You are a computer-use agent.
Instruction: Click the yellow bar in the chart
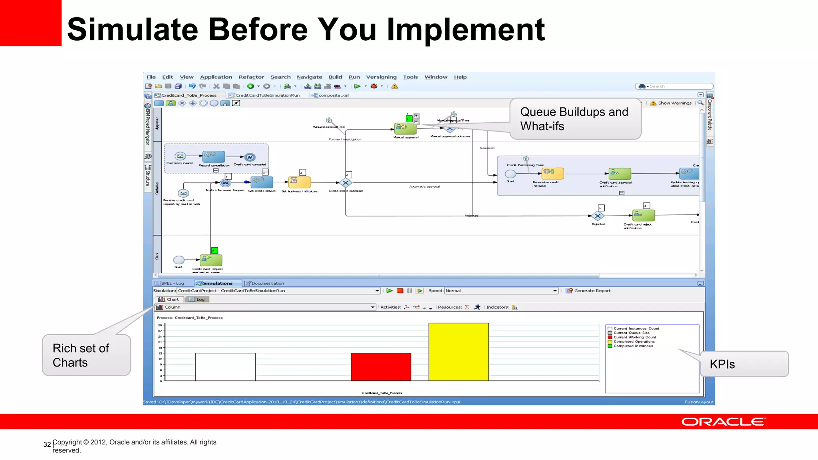coord(459,352)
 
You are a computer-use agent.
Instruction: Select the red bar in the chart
coord(381,367)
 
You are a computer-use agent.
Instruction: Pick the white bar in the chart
coord(225,367)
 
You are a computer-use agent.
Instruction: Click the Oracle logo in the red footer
coord(723,422)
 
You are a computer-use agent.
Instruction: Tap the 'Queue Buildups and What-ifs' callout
coord(575,119)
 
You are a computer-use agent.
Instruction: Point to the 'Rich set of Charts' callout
coord(86,355)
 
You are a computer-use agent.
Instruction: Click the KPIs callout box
coord(744,364)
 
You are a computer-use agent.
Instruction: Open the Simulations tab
coord(217,283)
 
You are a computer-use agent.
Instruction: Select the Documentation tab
coord(267,283)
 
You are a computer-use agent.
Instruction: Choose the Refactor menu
coord(251,77)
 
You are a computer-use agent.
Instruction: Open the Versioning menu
coord(381,77)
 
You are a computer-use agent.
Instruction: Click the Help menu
coord(460,77)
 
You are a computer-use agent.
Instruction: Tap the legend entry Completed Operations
coord(634,341)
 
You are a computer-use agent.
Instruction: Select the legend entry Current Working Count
coord(635,337)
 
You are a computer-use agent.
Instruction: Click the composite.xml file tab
coord(334,95)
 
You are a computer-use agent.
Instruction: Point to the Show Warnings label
coord(675,103)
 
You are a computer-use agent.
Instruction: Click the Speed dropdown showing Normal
coord(501,291)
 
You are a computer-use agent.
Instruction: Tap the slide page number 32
coord(47,444)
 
